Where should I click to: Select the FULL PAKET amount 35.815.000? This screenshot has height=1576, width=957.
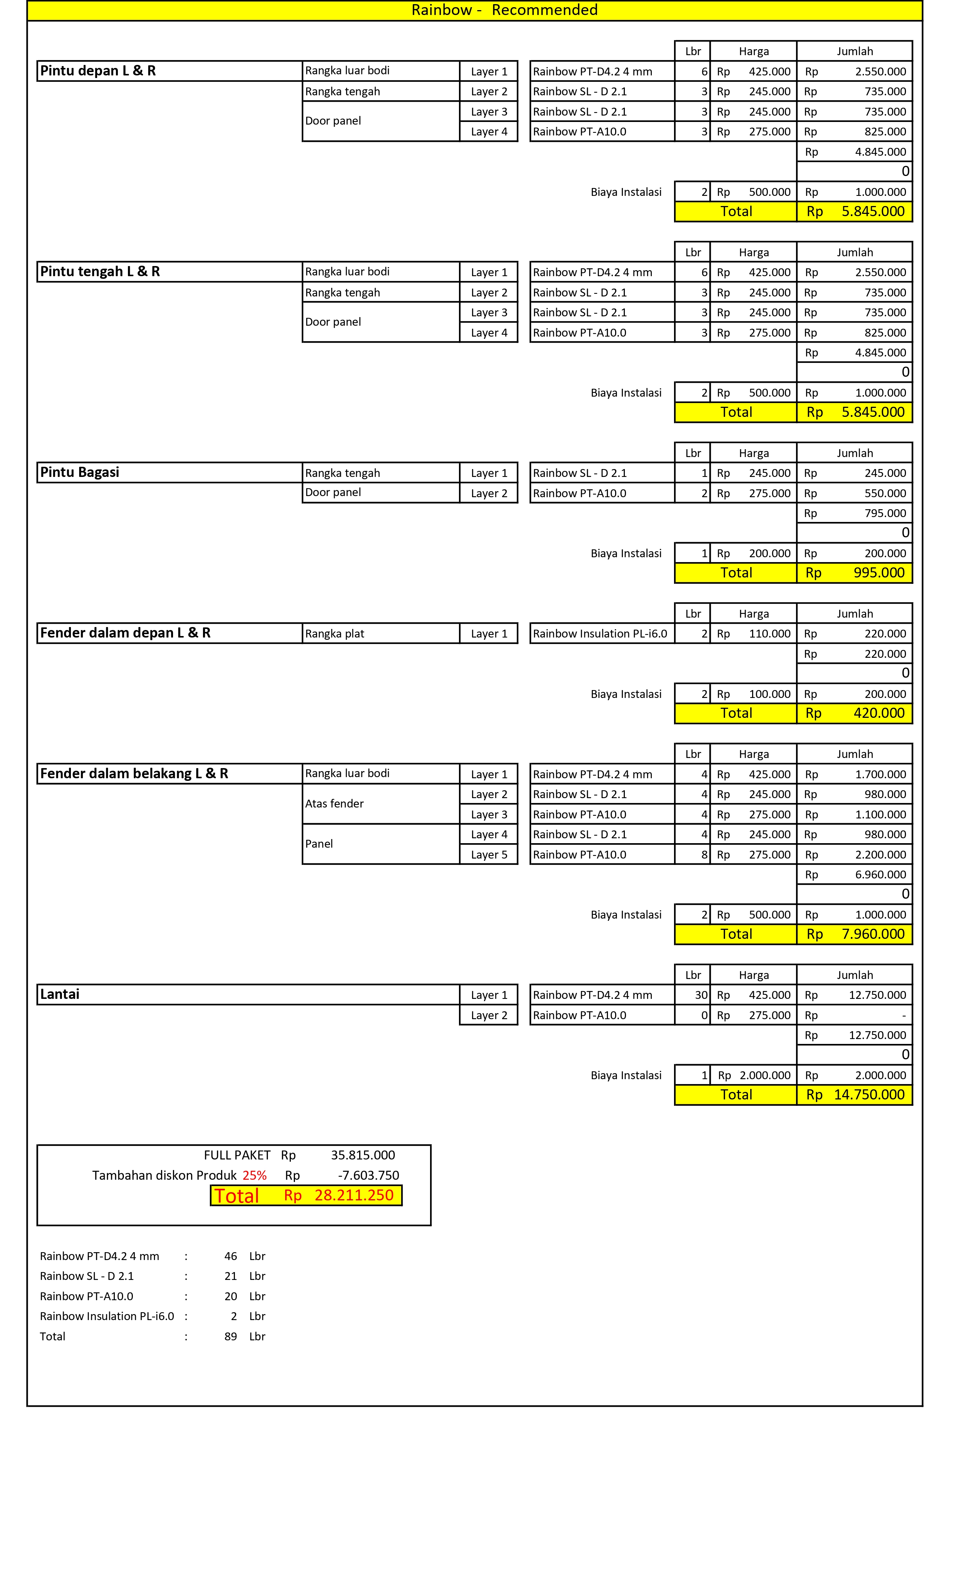click(x=363, y=1155)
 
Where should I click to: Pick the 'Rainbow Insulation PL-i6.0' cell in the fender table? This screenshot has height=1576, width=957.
click(x=600, y=634)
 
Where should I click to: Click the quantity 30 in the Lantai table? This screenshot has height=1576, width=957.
click(x=701, y=995)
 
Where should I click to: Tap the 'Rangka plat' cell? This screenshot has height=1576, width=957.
click(x=334, y=634)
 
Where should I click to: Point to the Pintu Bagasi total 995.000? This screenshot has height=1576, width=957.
click(x=879, y=573)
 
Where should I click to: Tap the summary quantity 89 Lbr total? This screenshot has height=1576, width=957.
click(x=230, y=1337)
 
